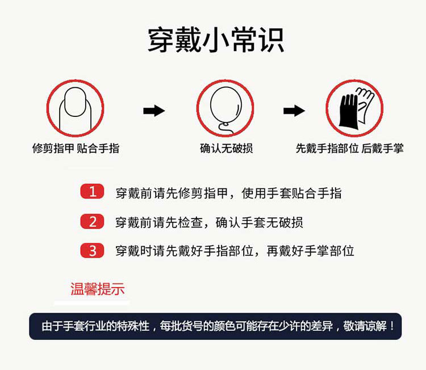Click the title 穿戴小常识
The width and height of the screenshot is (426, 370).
(x=216, y=40)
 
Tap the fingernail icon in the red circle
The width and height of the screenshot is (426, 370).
(x=75, y=108)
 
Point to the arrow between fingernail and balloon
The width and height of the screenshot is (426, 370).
(x=154, y=111)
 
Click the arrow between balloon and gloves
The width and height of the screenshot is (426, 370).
(x=294, y=111)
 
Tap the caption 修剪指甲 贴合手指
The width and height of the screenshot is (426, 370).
(x=76, y=149)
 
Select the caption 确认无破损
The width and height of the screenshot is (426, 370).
(x=226, y=149)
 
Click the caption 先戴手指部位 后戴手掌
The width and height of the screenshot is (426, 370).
(x=350, y=149)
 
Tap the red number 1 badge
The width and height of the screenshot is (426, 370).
(x=92, y=191)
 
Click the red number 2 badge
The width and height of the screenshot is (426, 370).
(x=92, y=221)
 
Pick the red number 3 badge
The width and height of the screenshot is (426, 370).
(x=92, y=250)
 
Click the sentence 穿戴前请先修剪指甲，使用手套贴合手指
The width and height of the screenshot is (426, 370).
(x=228, y=194)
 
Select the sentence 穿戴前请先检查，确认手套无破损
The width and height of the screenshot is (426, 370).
(x=209, y=222)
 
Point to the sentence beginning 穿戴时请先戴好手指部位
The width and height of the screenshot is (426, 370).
(x=235, y=251)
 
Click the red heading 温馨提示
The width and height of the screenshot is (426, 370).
(x=98, y=288)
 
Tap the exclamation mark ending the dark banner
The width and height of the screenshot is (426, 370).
(x=391, y=326)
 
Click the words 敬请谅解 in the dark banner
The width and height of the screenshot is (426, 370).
(x=365, y=326)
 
